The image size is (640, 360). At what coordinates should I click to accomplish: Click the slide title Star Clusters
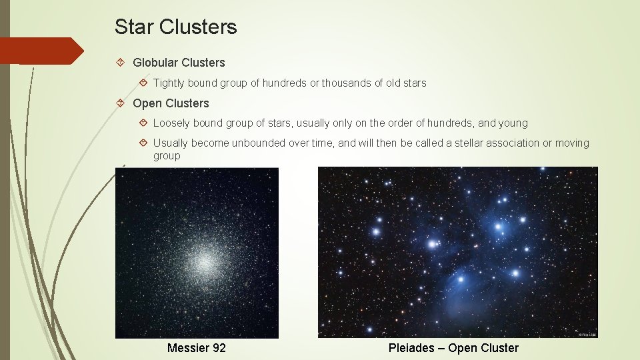click(175, 27)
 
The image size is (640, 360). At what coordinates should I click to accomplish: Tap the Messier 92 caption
click(197, 348)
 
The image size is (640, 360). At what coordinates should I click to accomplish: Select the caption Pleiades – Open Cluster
click(453, 348)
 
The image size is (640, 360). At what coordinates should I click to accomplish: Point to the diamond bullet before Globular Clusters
click(121, 63)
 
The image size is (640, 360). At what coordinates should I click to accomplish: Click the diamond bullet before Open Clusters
click(121, 103)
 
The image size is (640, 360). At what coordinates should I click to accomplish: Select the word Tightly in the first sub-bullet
click(169, 83)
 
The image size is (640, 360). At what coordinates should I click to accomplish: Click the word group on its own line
click(167, 156)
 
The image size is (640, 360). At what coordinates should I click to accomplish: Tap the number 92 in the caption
click(219, 348)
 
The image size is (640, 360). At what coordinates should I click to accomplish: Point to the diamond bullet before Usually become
click(143, 143)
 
